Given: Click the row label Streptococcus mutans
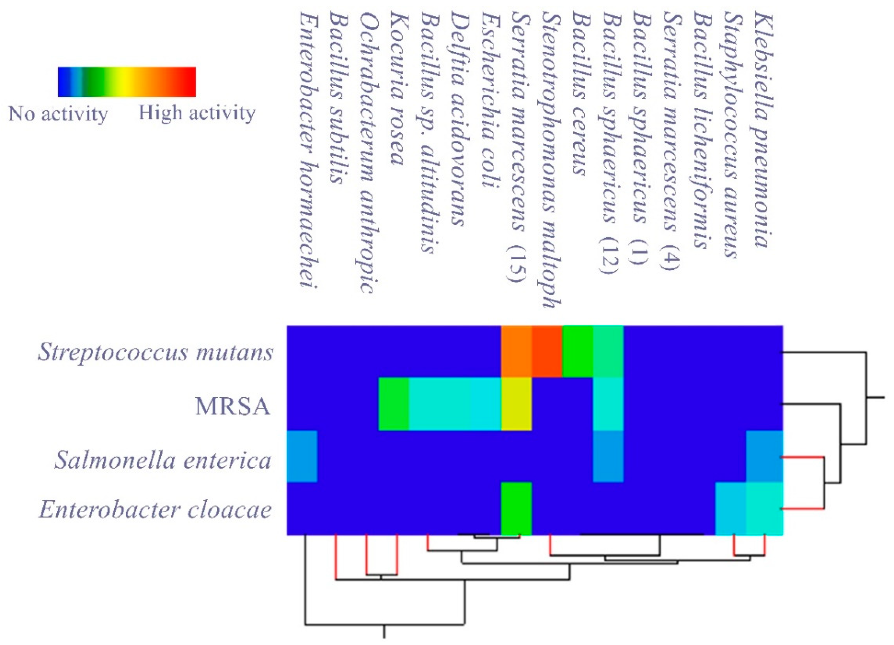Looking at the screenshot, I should click(x=155, y=352).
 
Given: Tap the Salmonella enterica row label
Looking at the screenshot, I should click(x=162, y=460).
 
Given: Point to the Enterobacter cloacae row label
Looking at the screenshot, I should click(x=155, y=509).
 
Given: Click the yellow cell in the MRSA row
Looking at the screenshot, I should click(x=516, y=404).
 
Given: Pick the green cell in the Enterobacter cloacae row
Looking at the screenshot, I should click(x=516, y=508).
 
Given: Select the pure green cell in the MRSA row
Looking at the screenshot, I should click(x=393, y=404).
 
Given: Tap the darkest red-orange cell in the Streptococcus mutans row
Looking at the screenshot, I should click(x=547, y=351).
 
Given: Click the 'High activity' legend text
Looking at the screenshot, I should click(x=197, y=113).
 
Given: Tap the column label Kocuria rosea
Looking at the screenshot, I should click(x=398, y=89).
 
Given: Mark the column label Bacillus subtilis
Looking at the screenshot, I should click(x=337, y=97).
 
